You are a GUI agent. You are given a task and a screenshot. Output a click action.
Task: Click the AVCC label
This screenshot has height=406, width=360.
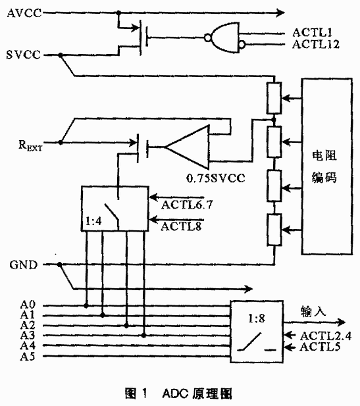pos(24,13)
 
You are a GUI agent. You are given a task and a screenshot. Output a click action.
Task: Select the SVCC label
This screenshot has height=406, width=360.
pos(24,55)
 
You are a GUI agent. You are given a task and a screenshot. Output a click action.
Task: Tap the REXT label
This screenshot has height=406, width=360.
pos(30,145)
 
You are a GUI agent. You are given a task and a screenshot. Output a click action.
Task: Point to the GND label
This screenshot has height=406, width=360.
pos(24,265)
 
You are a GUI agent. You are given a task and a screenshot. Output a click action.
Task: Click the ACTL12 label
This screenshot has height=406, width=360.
pos(316,44)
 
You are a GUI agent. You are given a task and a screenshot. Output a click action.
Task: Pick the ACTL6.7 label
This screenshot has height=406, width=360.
pos(187,205)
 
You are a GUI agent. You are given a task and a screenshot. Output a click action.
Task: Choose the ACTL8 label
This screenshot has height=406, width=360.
pos(181,226)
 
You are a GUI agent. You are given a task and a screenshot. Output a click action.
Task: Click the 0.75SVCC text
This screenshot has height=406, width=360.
pos(215,178)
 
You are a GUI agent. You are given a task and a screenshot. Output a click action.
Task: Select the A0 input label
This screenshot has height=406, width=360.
pos(28,305)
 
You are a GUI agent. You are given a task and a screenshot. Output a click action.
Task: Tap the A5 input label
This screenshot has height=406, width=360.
pos(28,357)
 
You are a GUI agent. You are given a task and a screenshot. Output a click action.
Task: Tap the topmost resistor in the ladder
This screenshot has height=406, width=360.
pos(274,98)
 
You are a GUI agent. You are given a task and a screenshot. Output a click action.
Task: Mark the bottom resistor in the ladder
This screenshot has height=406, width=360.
pos(274,230)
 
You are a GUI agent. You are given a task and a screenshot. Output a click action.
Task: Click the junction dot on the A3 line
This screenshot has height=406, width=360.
pos(143,336)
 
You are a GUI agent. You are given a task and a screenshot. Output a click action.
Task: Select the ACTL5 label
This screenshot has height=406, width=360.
pos(320,347)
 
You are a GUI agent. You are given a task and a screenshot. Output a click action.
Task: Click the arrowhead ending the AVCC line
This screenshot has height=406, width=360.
pos(281,13)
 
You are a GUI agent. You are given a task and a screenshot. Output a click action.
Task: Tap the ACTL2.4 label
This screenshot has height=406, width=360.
pos(326,336)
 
